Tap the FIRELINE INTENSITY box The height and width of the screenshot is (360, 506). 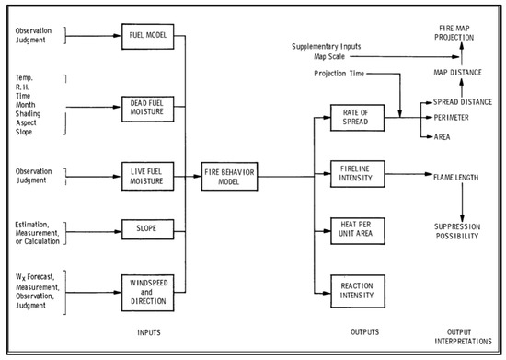pos(354,172)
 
